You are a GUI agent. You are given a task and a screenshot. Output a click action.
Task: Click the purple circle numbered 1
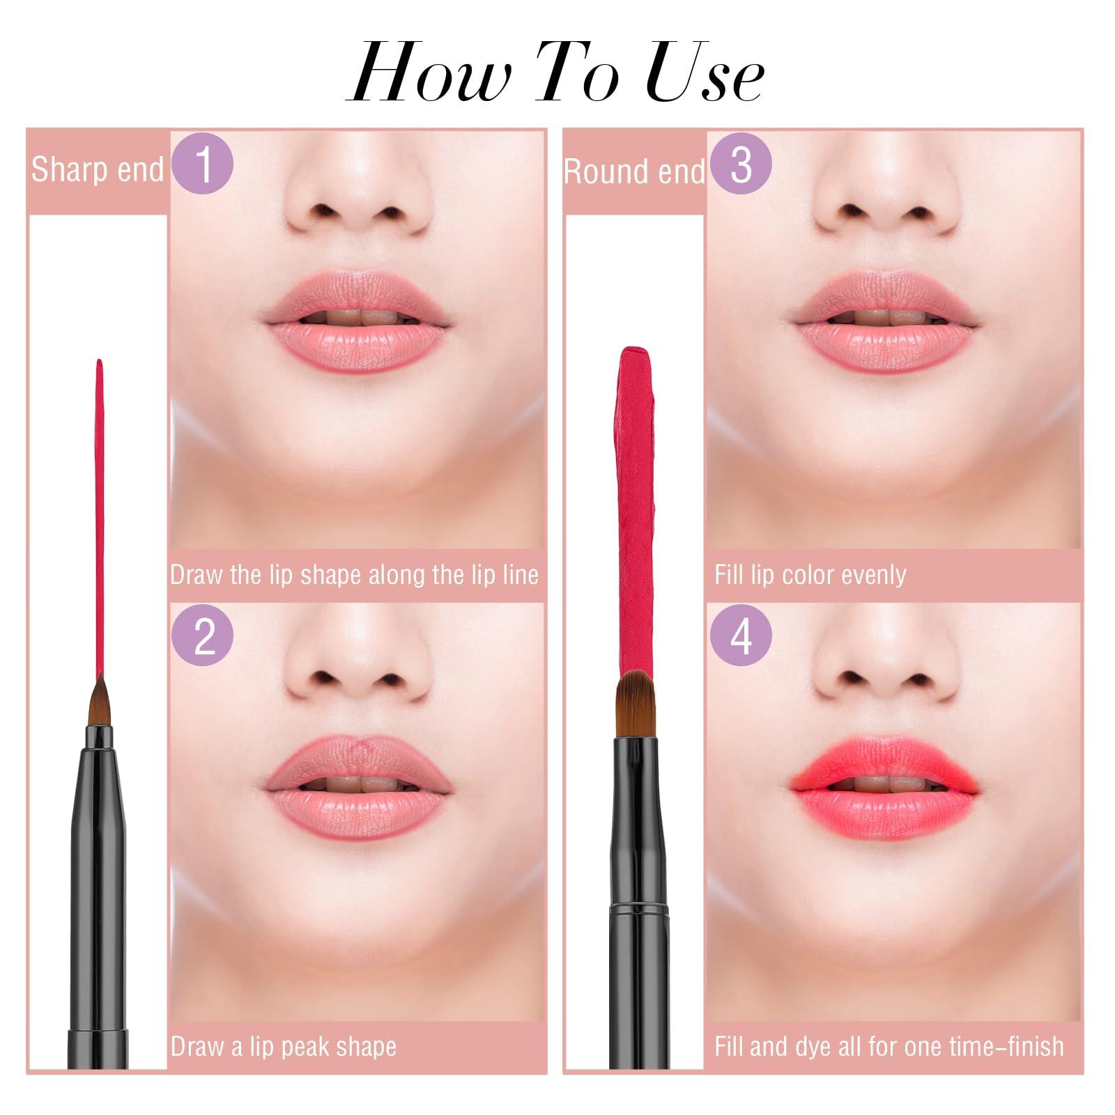[202, 164]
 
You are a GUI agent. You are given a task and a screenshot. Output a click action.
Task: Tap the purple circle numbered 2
[202, 636]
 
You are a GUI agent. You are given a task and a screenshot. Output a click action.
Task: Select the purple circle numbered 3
[741, 164]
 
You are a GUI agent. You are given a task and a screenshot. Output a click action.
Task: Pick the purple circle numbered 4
[741, 636]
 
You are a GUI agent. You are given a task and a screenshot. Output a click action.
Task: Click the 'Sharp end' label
[97, 169]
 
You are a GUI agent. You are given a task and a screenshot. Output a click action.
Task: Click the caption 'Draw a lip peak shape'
[284, 1047]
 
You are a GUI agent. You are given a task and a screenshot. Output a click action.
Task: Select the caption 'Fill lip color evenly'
[810, 575]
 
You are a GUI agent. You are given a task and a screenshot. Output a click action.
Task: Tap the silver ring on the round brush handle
[636, 907]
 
